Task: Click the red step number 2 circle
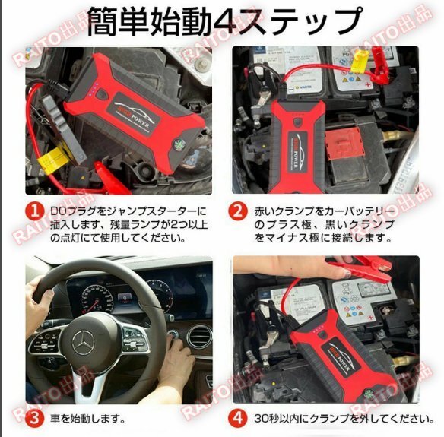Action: (x=240, y=210)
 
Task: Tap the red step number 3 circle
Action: (x=35, y=417)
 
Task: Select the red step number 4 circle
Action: (x=240, y=417)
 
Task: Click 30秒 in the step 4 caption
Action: (x=270, y=417)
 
